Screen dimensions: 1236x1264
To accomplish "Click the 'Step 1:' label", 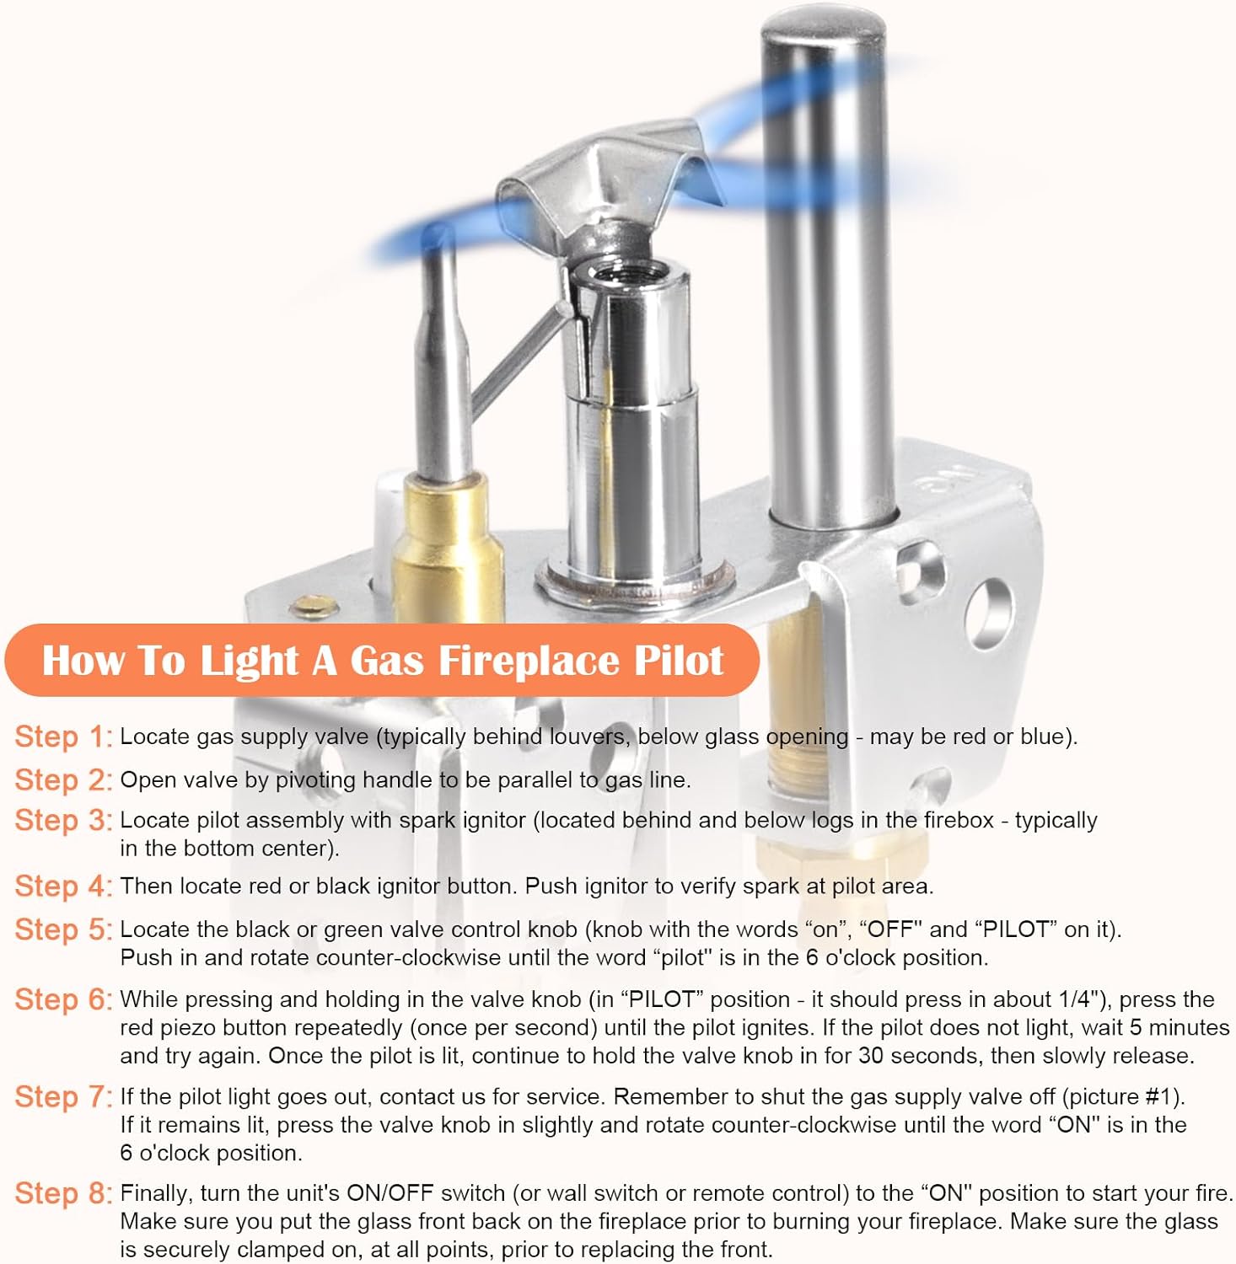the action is [63, 736].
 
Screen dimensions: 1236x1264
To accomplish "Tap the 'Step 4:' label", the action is [63, 886].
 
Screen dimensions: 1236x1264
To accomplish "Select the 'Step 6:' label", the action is [63, 1000].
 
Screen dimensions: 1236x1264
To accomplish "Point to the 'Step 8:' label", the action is [63, 1194].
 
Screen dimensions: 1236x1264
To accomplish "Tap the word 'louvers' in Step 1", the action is [588, 736].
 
